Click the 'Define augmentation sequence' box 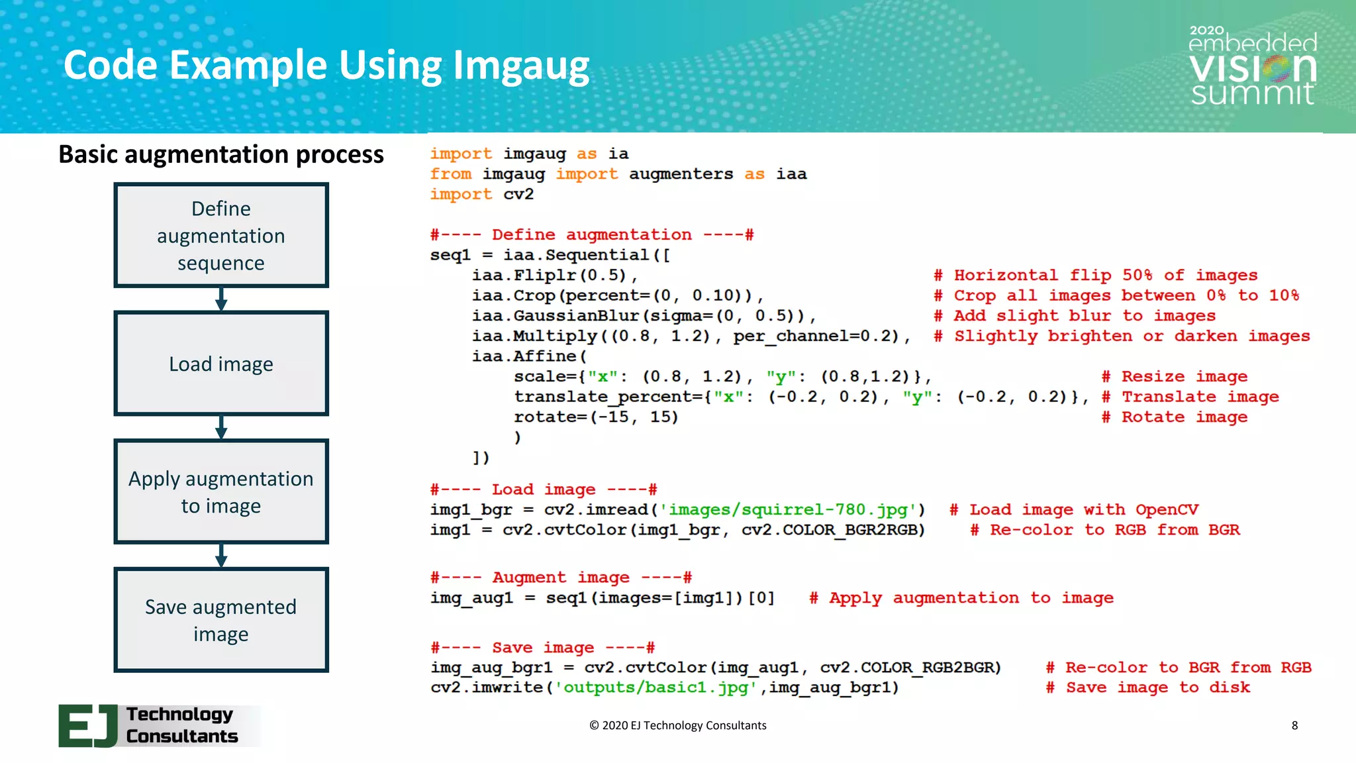click(x=221, y=235)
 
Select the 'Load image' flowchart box click(x=221, y=364)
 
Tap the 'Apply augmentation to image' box click(x=221, y=491)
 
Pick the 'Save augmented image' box click(x=221, y=620)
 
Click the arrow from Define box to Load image click(x=221, y=299)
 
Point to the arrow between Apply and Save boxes click(x=221, y=556)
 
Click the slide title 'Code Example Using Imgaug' click(x=326, y=66)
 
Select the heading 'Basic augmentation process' click(x=221, y=154)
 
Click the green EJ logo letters click(x=88, y=726)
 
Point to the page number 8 click(x=1294, y=725)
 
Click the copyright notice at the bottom click(x=678, y=725)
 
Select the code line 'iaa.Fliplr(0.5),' click(x=555, y=276)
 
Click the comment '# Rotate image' click(x=1175, y=417)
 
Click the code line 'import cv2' click(x=481, y=195)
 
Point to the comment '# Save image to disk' click(x=1148, y=687)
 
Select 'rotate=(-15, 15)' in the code click(x=596, y=417)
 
